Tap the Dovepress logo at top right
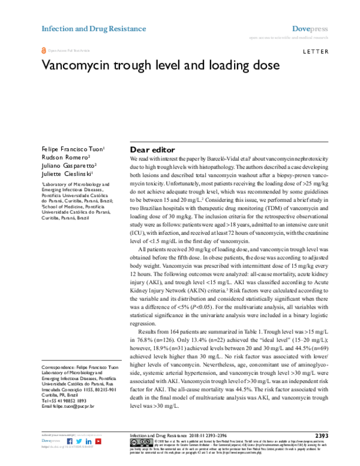click(x=310, y=28)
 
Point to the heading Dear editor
click(x=152, y=150)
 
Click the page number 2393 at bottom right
click(x=321, y=435)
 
